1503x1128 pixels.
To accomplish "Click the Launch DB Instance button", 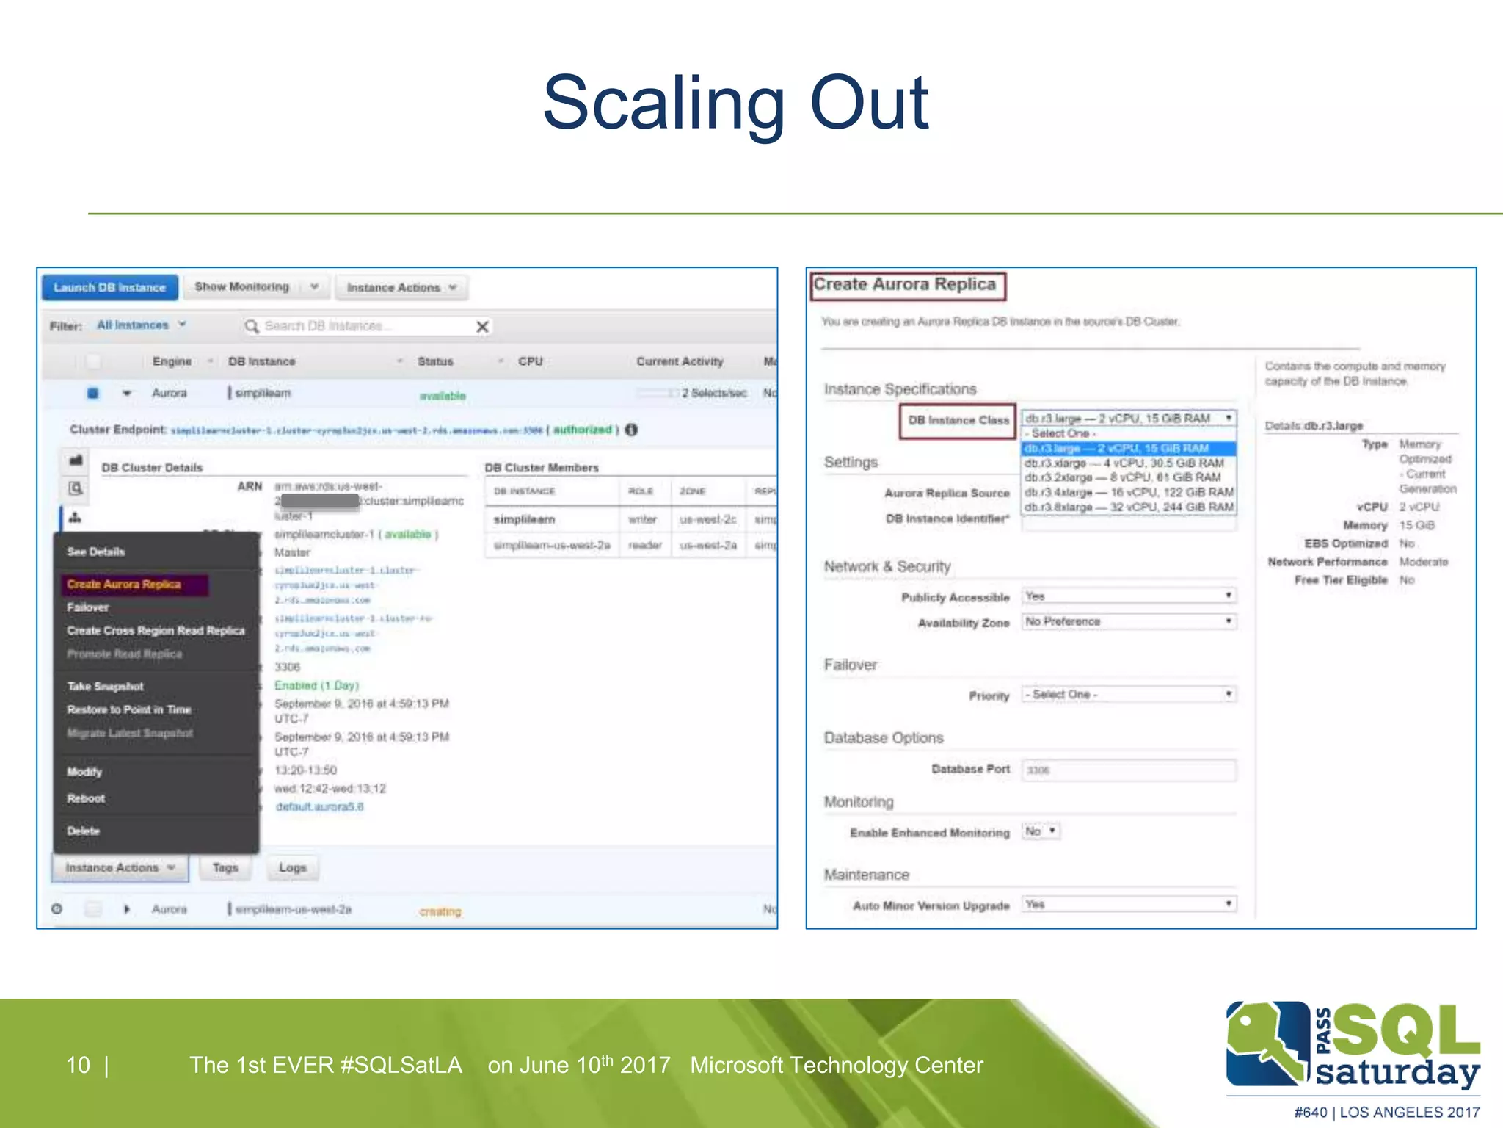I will coord(109,287).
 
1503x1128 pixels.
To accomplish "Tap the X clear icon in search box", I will coord(482,327).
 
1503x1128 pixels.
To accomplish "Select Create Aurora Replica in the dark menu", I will coord(124,585).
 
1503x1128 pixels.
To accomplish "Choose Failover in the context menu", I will coord(88,607).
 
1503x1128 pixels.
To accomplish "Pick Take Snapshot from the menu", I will coord(106,686).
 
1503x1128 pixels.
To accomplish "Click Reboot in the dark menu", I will coord(86,798).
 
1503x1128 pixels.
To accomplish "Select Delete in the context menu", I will coord(83,831).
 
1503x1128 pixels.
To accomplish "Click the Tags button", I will coord(225,867).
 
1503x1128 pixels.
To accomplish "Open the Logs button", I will coord(292,867).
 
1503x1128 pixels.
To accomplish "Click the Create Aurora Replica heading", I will coord(905,285).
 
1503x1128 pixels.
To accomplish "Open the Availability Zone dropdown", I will coord(1129,622).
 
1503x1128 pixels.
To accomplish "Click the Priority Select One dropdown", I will coord(1129,695).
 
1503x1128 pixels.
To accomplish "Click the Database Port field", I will coord(1129,770).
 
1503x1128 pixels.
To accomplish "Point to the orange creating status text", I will coord(440,911).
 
